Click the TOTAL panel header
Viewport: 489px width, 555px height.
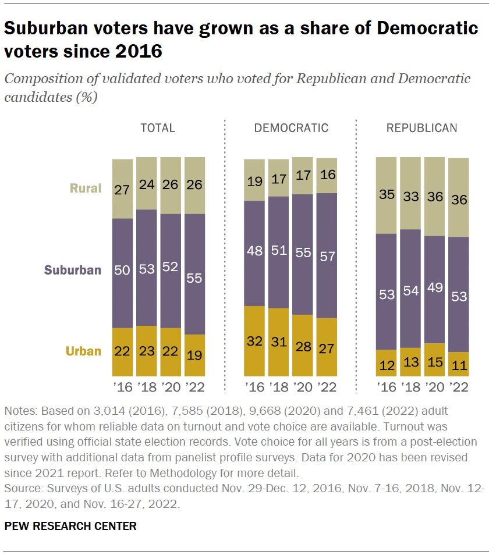[x=158, y=128]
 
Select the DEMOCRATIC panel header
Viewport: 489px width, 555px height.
[x=291, y=128]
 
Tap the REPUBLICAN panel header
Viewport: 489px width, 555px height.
[x=422, y=128]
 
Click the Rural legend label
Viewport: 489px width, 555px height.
[x=86, y=188]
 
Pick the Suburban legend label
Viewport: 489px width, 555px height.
[x=73, y=270]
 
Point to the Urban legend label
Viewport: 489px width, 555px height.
[x=83, y=351]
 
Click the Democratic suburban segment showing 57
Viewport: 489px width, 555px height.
[x=327, y=255]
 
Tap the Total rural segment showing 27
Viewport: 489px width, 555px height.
[x=122, y=188]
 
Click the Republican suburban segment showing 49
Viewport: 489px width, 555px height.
[x=434, y=289]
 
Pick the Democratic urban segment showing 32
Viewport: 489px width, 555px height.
[x=254, y=341]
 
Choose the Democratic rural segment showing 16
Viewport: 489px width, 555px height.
[x=327, y=175]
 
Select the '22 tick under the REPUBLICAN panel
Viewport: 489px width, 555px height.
[x=459, y=387]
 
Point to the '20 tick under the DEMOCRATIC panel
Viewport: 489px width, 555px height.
[x=303, y=387]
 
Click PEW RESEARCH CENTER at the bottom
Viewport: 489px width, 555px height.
[x=70, y=526]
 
